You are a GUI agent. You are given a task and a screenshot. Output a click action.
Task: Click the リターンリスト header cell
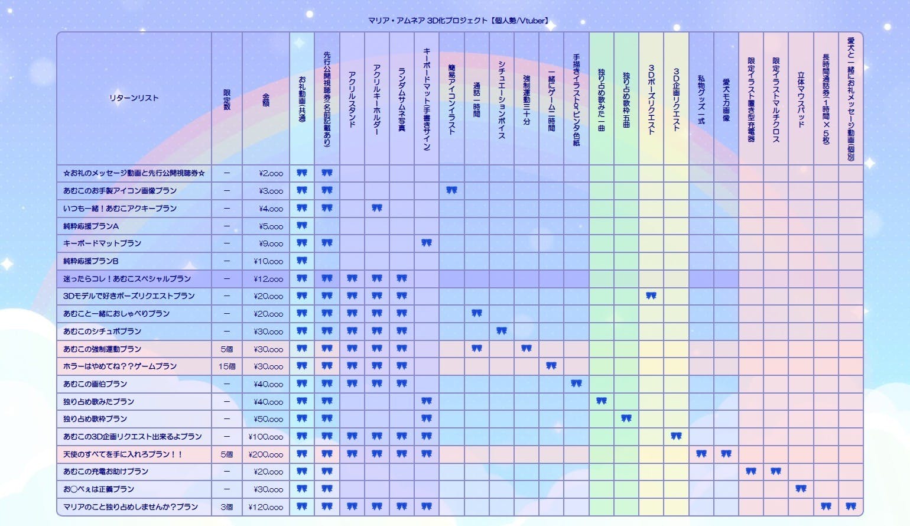coord(134,98)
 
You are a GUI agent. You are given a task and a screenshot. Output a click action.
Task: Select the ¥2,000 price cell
coord(271,174)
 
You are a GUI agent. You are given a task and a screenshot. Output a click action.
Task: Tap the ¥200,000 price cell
coord(266,454)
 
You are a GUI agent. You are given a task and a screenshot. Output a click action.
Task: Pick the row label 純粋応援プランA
coord(91,226)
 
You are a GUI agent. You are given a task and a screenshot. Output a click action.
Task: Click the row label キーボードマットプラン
coord(102,243)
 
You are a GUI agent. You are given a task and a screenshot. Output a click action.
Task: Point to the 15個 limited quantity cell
coord(227,366)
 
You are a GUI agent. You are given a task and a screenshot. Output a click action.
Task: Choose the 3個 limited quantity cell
coord(227,507)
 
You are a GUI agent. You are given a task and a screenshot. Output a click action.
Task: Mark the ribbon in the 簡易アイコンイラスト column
coord(451,190)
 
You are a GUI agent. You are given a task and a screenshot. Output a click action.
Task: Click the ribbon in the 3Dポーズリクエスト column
coord(651,296)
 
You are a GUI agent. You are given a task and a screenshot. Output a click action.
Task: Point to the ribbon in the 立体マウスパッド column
coord(801,489)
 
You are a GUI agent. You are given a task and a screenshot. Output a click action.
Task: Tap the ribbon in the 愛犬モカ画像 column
coord(726,454)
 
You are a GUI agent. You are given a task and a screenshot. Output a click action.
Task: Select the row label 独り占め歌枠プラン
coord(95,419)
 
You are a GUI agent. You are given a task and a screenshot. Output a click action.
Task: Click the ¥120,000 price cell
coord(266,507)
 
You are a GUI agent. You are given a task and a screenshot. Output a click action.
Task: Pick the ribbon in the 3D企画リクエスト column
coord(676,436)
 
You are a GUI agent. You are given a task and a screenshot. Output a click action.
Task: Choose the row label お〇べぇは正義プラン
coord(99,489)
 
